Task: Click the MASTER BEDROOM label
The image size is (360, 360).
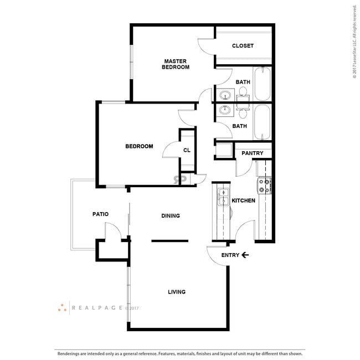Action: (x=175, y=64)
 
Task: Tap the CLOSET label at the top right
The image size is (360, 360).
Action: (x=243, y=46)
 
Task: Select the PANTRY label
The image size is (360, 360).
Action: (x=252, y=153)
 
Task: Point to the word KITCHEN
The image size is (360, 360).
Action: (x=243, y=200)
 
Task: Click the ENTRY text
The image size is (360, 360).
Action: (x=230, y=255)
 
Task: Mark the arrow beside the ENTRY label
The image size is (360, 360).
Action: (x=245, y=255)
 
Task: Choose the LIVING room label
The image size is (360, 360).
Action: (x=177, y=292)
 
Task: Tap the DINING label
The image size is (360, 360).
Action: (x=171, y=216)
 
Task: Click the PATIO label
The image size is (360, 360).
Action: (x=100, y=214)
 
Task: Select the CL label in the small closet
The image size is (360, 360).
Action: (x=187, y=150)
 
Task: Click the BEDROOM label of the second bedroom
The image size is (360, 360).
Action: (x=138, y=146)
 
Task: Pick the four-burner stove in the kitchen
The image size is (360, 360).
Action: (x=265, y=186)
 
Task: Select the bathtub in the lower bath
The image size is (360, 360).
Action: (x=262, y=122)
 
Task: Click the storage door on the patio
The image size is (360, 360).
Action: (x=112, y=232)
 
